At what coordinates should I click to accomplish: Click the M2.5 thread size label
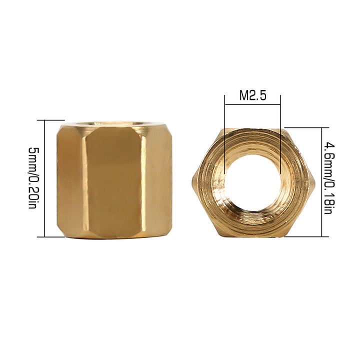click(x=253, y=95)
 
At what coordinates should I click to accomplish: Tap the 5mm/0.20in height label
click(x=33, y=178)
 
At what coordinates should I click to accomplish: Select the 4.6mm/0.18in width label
click(x=329, y=178)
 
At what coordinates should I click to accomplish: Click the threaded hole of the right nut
click(x=252, y=182)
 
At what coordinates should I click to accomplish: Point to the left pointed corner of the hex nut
click(x=192, y=182)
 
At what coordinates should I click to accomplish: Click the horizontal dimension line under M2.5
click(x=252, y=104)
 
